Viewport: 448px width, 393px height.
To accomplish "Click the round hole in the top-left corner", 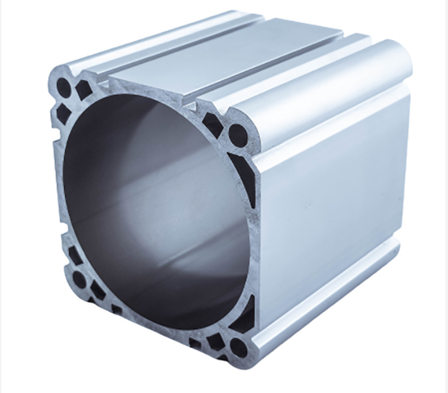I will click(63, 87).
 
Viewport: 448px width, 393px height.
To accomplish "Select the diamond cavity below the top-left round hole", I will click(63, 113).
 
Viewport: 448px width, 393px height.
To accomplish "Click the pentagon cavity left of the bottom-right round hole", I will click(216, 342).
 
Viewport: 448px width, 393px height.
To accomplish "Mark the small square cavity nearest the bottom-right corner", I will click(195, 344).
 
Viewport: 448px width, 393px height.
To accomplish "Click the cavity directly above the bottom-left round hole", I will click(75, 256).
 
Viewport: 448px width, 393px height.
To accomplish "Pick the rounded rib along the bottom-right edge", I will click(329, 316).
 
